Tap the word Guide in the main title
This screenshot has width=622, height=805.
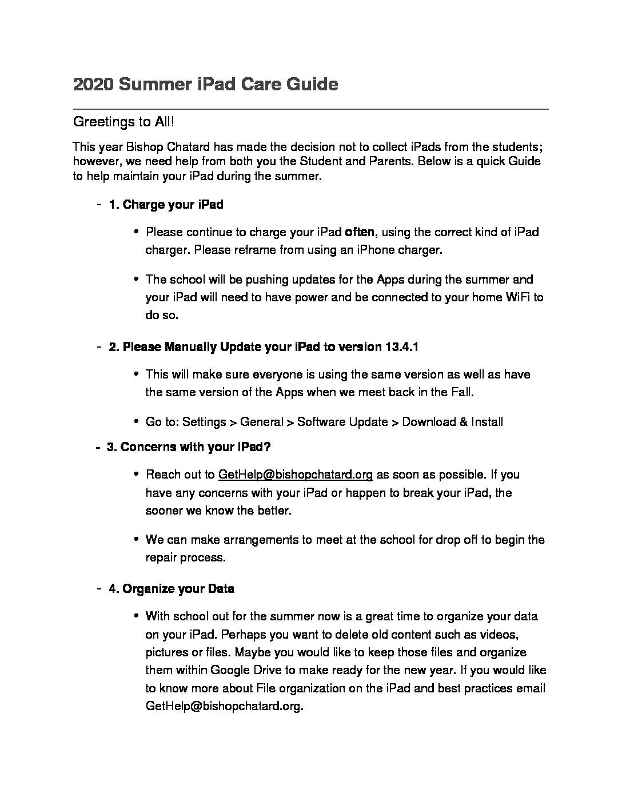[x=312, y=85]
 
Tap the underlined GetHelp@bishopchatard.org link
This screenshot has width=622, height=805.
[x=296, y=475]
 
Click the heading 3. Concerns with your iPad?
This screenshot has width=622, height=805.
[x=189, y=447]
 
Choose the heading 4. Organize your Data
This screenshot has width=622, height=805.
[x=172, y=588]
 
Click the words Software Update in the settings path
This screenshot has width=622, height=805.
[x=342, y=422]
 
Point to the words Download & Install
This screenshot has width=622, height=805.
[x=452, y=422]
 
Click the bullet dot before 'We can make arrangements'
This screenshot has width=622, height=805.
[x=136, y=539]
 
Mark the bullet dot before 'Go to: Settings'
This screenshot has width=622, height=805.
[x=136, y=422]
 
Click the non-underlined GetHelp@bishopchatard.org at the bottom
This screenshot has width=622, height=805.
[x=223, y=706]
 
